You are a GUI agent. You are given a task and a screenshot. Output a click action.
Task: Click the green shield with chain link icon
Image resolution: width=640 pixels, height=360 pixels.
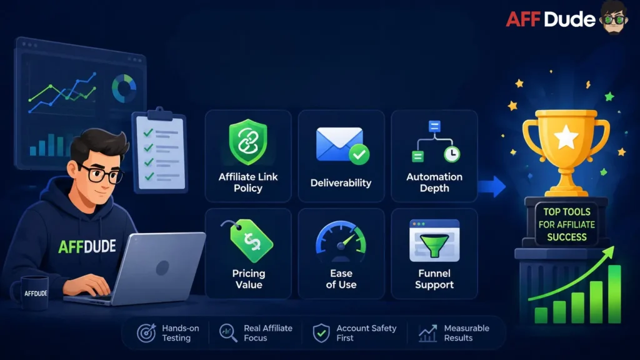pyautogui.click(x=248, y=142)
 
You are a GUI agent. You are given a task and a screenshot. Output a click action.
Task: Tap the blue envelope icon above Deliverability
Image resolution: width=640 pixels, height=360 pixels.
pyautogui.click(x=339, y=144)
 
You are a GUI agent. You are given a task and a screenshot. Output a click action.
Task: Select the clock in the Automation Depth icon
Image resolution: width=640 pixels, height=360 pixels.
pyautogui.click(x=452, y=154)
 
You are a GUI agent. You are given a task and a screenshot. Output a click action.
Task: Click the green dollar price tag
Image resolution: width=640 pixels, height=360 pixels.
pyautogui.click(x=251, y=241)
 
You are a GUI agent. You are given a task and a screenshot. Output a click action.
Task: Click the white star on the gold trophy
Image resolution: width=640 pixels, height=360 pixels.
pyautogui.click(x=566, y=137)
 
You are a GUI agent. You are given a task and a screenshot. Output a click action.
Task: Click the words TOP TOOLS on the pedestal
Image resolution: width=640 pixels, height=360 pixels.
pyautogui.click(x=566, y=212)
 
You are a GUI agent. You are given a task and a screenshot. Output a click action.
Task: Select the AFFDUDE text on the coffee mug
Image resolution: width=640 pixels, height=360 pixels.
pyautogui.click(x=36, y=294)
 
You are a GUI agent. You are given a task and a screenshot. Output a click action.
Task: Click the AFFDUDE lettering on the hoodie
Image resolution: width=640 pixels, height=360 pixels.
pyautogui.click(x=87, y=246)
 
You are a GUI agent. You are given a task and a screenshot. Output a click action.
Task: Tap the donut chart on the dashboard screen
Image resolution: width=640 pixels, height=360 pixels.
pyautogui.click(x=124, y=88)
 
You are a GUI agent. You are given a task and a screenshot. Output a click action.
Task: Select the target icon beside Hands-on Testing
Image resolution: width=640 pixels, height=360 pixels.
pyautogui.click(x=146, y=332)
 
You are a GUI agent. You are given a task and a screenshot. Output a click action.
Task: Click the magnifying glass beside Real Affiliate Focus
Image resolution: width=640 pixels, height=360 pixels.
pyautogui.click(x=227, y=332)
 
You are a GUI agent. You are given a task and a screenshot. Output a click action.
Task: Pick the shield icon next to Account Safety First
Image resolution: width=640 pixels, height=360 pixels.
pyautogui.click(x=321, y=332)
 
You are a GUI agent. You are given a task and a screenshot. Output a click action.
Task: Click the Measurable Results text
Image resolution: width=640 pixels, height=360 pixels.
pyautogui.click(x=466, y=333)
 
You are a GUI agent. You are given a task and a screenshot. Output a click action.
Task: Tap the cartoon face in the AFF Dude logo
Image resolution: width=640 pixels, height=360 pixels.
pyautogui.click(x=613, y=17)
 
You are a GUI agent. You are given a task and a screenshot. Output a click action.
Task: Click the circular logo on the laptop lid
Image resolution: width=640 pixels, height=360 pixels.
pyautogui.click(x=162, y=267)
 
